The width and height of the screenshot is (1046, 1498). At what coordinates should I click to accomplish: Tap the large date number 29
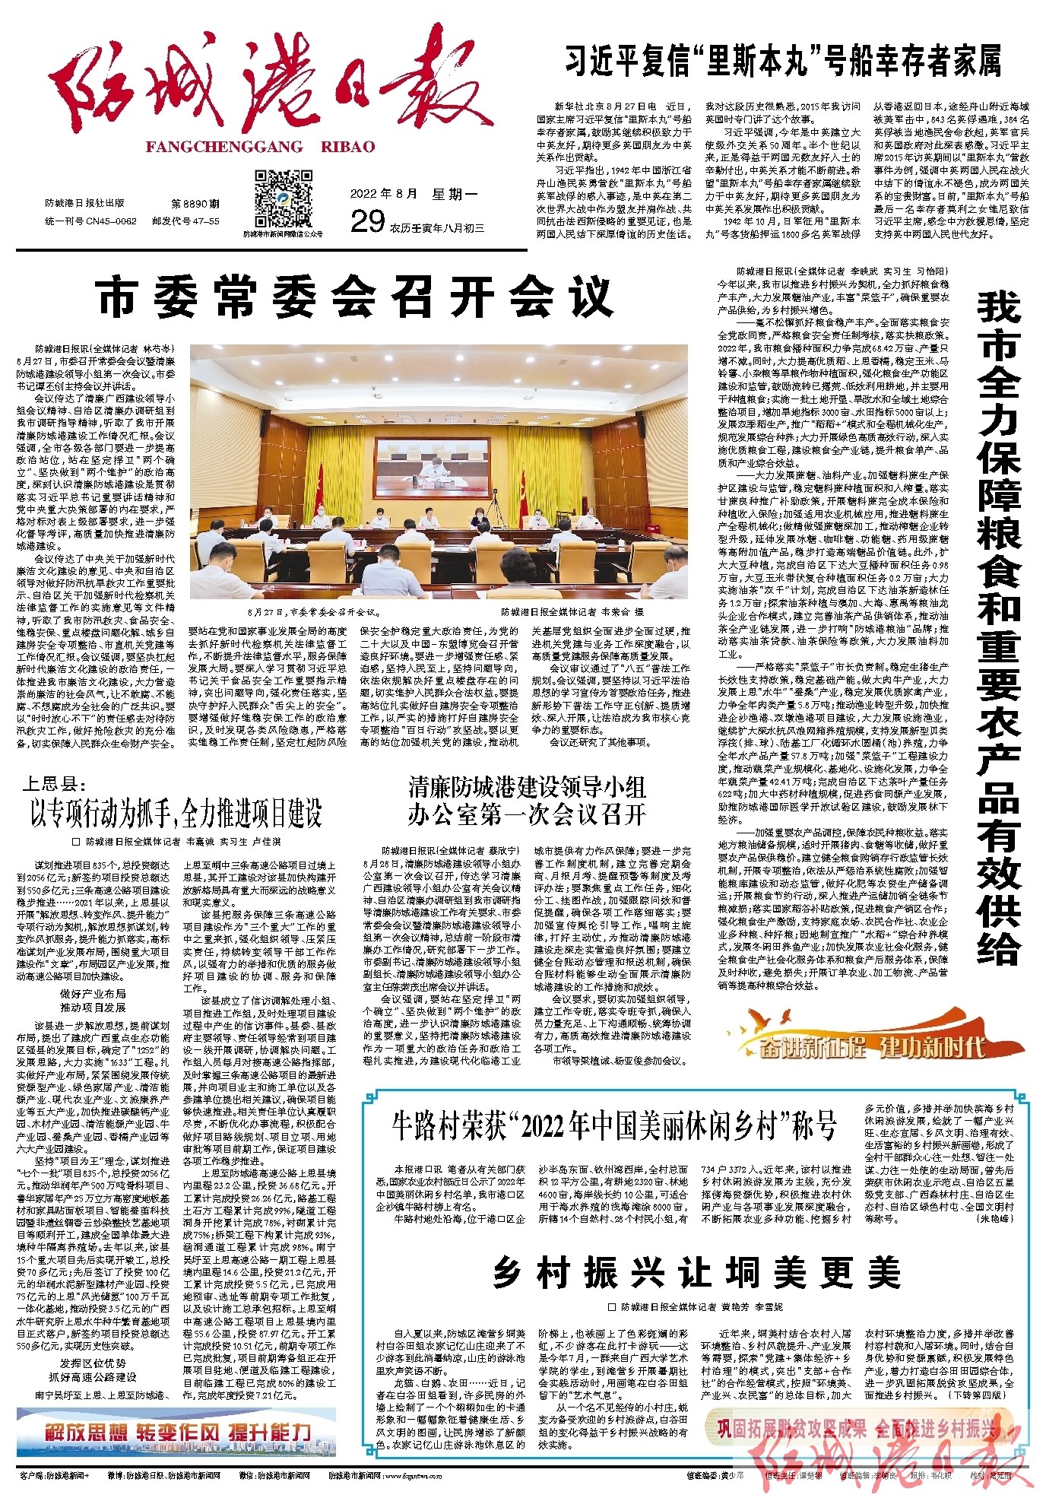367,221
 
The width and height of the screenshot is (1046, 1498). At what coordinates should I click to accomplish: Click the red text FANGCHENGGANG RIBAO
260,147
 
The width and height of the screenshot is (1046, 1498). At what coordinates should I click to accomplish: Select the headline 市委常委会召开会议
356,297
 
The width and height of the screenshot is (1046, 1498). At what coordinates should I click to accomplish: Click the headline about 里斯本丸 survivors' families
783,61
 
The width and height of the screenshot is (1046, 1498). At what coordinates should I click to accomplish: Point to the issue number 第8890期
195,204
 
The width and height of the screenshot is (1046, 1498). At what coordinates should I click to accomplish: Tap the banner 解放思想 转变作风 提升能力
176,1432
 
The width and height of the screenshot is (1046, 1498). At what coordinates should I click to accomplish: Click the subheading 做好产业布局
94,994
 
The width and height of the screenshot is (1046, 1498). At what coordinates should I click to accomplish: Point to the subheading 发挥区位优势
94,1363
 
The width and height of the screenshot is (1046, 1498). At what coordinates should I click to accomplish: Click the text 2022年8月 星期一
414,194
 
